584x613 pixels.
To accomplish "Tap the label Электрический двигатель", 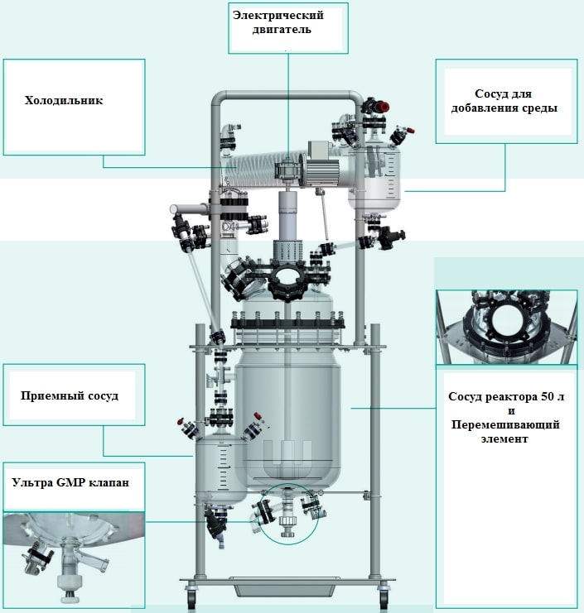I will [x=288, y=22].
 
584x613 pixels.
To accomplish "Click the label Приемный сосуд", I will [x=70, y=395].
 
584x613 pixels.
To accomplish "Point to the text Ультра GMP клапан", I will [x=70, y=482].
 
